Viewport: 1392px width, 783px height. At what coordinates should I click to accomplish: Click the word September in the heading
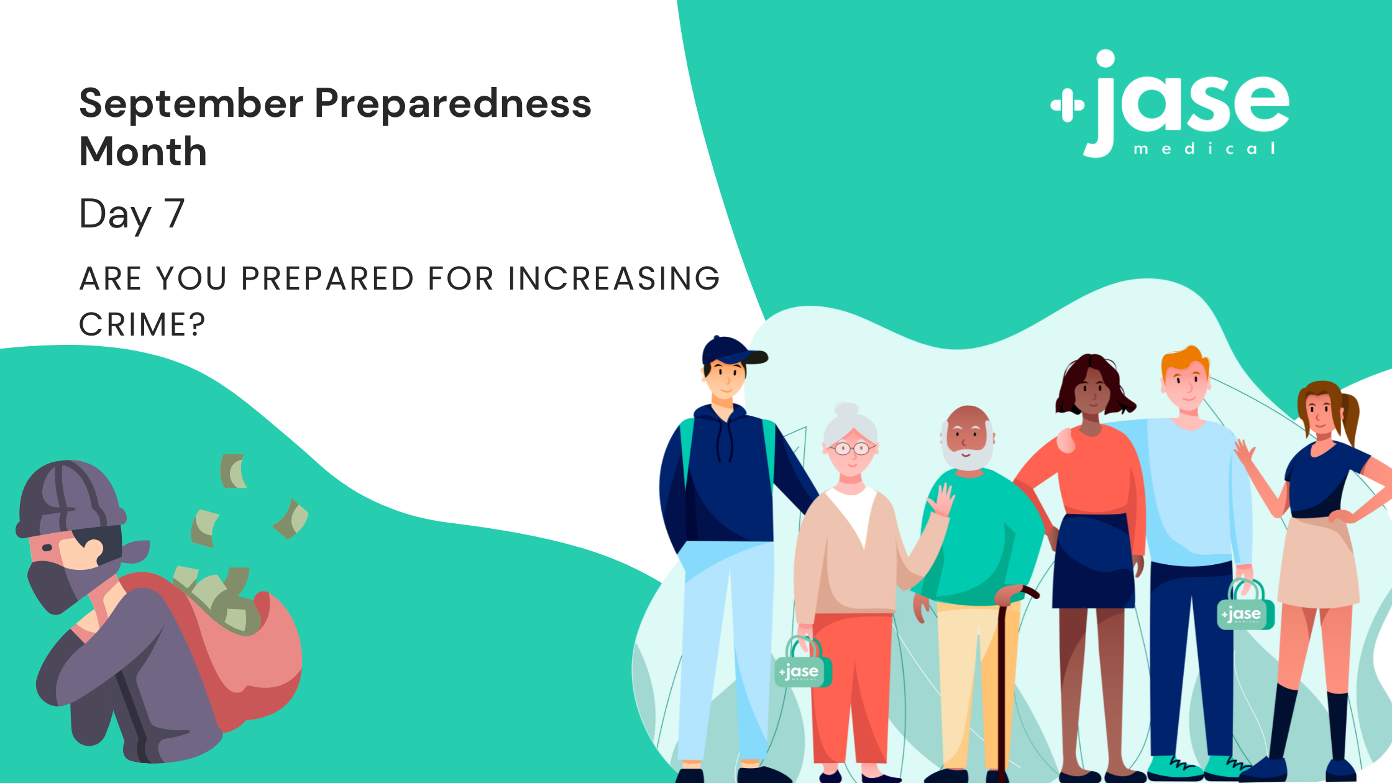click(191, 104)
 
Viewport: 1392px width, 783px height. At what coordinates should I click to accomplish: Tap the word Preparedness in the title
click(453, 104)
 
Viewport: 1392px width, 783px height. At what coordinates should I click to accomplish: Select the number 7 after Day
click(174, 213)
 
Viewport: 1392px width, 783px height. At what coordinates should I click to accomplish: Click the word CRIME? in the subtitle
click(142, 324)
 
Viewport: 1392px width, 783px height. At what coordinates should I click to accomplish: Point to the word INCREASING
click(614, 278)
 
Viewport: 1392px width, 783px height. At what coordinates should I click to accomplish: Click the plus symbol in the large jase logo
click(1068, 106)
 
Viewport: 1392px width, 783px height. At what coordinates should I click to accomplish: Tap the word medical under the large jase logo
click(1205, 149)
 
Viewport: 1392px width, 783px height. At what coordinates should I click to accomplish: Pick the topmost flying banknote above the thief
click(233, 471)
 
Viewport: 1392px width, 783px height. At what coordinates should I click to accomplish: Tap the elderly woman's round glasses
click(852, 448)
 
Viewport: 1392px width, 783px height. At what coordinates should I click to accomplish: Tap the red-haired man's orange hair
click(1186, 360)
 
